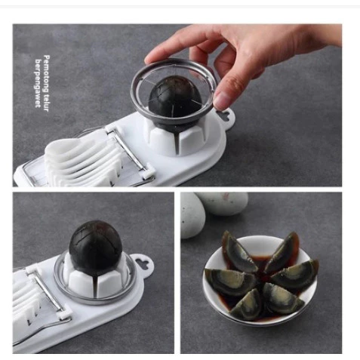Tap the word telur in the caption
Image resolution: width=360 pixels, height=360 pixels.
point(46,103)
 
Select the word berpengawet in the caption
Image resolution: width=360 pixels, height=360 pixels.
point(38,83)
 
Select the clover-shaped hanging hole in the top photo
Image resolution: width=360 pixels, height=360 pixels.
point(225,115)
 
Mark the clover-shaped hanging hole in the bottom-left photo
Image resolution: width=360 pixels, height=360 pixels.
point(143,264)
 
